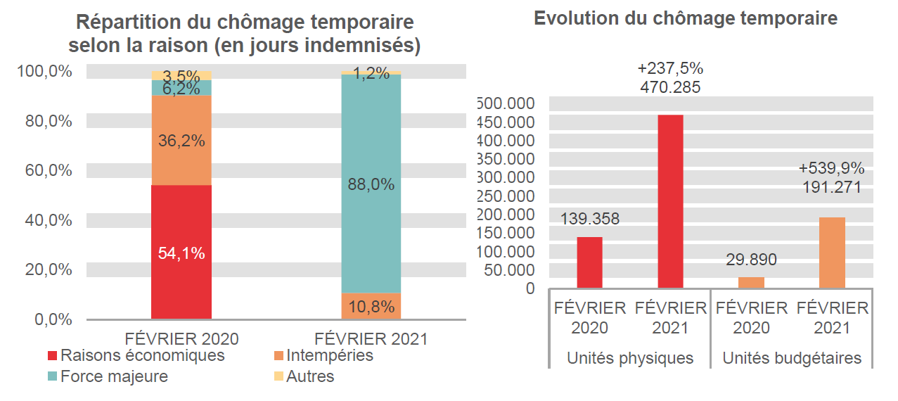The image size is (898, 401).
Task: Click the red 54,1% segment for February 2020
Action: [181, 252]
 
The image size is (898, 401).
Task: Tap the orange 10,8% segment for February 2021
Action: [371, 306]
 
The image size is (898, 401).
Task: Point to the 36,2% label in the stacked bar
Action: [181, 141]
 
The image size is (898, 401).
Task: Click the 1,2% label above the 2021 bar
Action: [371, 73]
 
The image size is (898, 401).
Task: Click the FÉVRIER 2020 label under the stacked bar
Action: [181, 338]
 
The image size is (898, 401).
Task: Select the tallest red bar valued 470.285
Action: [670, 201]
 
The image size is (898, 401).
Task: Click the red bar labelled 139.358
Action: [589, 262]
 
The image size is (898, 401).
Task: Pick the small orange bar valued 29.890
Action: [751, 282]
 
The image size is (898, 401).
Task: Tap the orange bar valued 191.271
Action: [832, 253]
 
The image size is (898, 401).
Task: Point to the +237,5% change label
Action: [670, 69]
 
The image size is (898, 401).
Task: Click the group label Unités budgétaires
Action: [792, 358]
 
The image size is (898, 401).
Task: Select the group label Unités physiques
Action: [630, 358]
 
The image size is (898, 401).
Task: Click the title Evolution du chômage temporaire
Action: [686, 18]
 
